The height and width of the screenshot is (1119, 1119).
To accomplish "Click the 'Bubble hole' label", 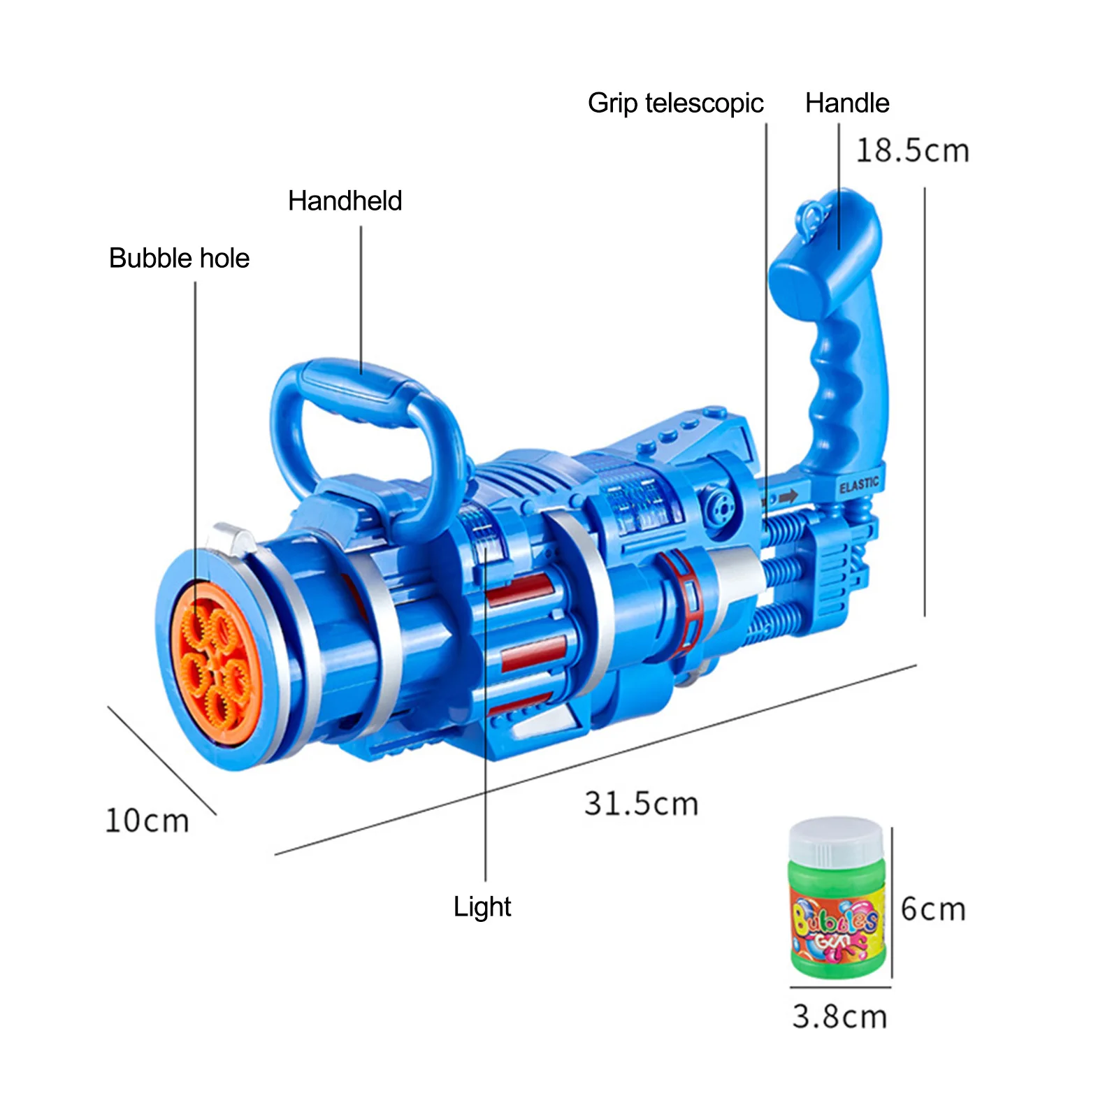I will (x=179, y=258).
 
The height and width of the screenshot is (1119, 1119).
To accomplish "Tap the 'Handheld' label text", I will (x=345, y=201).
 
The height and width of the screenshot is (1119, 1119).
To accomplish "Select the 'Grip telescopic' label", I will (x=675, y=103).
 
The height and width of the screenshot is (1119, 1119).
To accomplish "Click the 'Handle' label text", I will (x=846, y=103).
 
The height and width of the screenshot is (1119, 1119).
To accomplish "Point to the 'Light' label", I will (x=482, y=907).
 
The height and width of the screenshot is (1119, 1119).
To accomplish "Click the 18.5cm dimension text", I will (x=912, y=151).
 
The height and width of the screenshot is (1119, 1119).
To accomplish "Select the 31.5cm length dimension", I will (x=641, y=804).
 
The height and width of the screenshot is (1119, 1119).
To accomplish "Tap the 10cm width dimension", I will (x=147, y=821).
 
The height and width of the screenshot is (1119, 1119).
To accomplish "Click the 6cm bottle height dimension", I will (x=933, y=909).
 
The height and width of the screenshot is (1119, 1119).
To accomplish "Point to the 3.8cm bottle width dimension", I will (x=839, y=1017).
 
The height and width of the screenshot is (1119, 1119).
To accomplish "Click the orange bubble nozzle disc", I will (x=213, y=664).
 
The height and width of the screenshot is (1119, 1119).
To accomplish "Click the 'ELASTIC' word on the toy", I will (x=859, y=484).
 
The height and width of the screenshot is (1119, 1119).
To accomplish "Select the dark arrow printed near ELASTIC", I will (x=788, y=497).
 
